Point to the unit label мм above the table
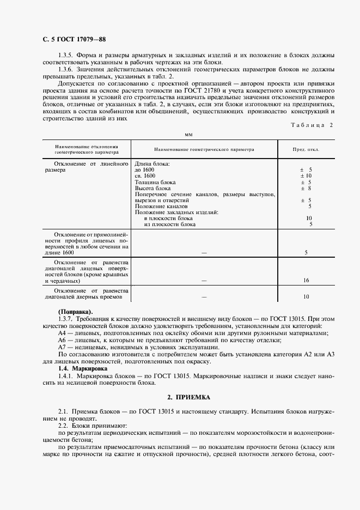pos(188,134)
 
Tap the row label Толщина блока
pos(155,182)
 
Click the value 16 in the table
pos(306,280)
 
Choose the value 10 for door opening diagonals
pos(306,297)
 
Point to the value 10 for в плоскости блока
pos(309,218)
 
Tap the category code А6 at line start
pos(62,340)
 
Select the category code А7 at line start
pos(62,347)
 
